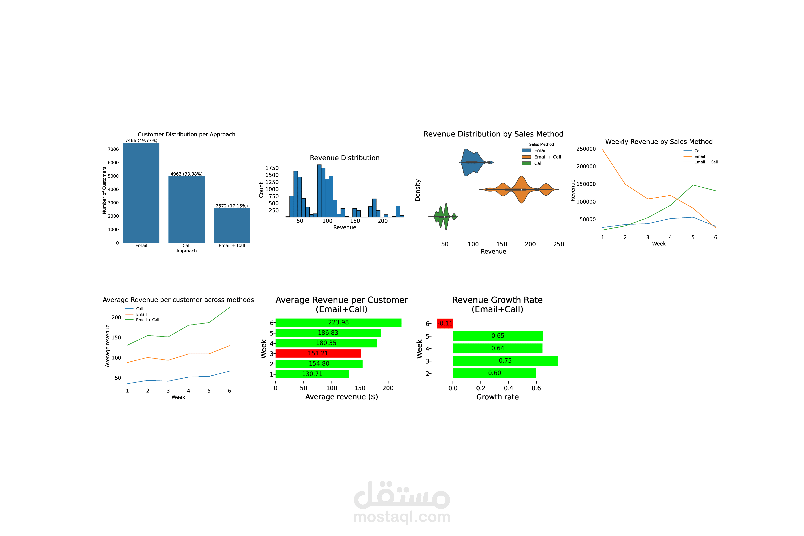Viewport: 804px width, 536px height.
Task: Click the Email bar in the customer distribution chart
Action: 141,193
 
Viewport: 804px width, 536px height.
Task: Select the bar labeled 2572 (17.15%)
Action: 232,226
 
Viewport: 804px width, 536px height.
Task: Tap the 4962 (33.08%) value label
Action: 187,174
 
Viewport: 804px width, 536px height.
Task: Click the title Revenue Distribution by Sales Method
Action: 493,134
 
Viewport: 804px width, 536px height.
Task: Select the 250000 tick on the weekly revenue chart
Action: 586,149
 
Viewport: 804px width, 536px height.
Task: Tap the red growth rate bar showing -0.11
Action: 445,323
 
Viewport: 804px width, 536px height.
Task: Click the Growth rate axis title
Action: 497,397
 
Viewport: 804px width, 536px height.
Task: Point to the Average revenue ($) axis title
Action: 342,397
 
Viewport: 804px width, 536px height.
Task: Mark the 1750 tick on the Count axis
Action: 272,168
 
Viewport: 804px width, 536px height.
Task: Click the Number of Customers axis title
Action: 104,190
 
